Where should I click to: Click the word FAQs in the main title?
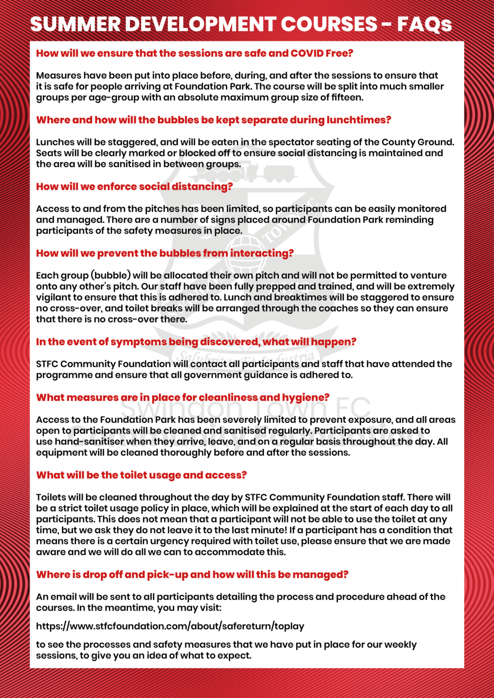pyautogui.click(x=424, y=24)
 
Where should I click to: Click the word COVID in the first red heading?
pyautogui.click(x=307, y=53)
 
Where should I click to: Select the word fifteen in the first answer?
pyautogui.click(x=345, y=97)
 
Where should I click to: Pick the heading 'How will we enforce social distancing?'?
pyautogui.click(x=134, y=186)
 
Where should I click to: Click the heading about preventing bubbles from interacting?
pyautogui.click(x=165, y=253)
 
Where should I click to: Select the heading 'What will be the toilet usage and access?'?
pyautogui.click(x=141, y=475)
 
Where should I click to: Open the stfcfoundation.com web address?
pyautogui.click(x=170, y=626)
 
